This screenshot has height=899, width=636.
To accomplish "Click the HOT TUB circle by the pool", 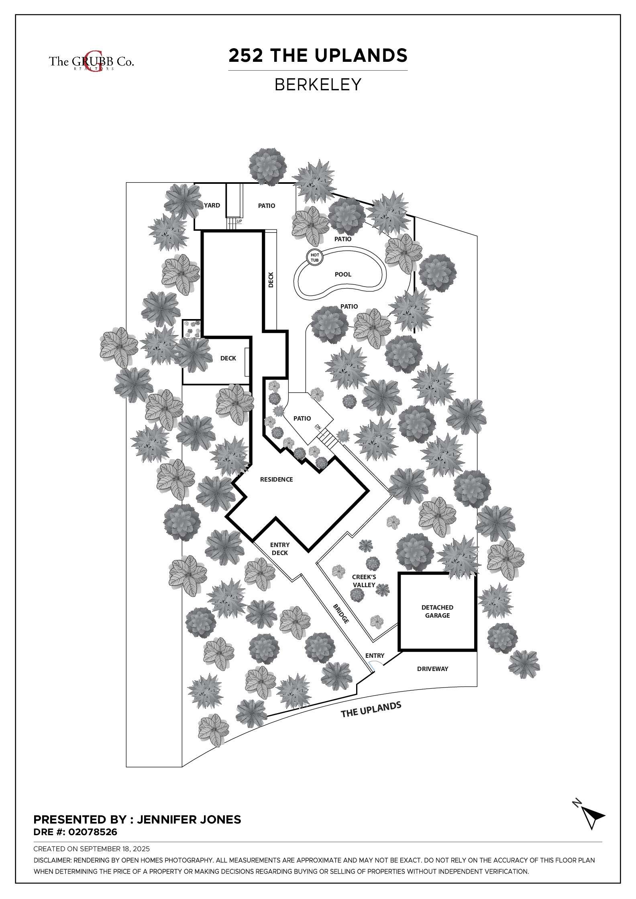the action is coord(314,257).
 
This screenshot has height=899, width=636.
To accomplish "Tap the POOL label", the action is coord(343,275).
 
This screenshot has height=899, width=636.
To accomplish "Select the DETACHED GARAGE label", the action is coord(437,611).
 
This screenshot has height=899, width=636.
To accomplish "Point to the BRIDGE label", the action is coord(340,614).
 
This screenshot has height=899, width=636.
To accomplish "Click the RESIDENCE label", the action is coord(276,479).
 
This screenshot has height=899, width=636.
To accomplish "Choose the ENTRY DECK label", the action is coord(280,549).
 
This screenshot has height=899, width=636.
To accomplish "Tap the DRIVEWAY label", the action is coord(432,669).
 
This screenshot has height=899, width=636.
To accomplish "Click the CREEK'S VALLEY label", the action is coord(364,581).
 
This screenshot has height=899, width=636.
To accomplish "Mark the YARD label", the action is coord(212,205).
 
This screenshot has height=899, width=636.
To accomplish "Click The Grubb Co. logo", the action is coord(92,61).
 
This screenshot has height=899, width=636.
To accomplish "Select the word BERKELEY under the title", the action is coord(318,85).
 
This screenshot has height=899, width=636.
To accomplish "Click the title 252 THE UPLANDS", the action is coord(318,55).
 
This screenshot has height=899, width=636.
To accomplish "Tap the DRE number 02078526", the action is coord(93,832).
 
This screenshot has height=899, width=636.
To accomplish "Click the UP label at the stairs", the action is coord(239,221).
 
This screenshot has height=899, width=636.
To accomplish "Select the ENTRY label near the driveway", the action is coord(375,655).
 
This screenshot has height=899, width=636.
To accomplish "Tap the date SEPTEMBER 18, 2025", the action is coord(115,849).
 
